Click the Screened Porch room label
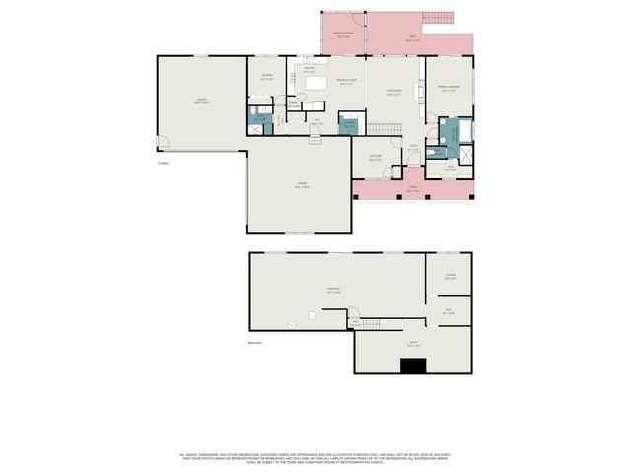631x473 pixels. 343,35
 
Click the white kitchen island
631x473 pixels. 316,86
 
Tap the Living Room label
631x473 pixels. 393,95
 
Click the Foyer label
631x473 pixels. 414,150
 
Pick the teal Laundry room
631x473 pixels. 349,124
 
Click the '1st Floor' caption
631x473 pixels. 162,163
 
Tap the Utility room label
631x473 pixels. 414,344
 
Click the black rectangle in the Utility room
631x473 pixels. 413,367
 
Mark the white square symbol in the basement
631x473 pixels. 313,315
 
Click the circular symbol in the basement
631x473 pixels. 290,324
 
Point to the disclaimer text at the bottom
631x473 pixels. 315,458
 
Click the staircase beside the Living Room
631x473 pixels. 386,129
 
